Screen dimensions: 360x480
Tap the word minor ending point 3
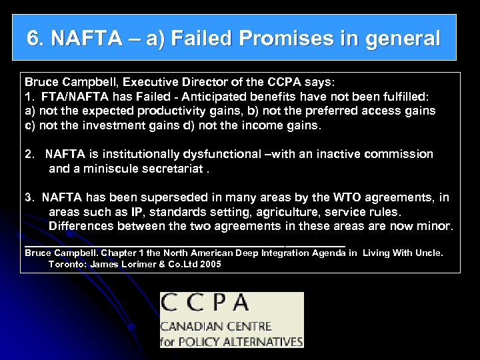437,226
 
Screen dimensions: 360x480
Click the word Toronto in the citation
67,264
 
